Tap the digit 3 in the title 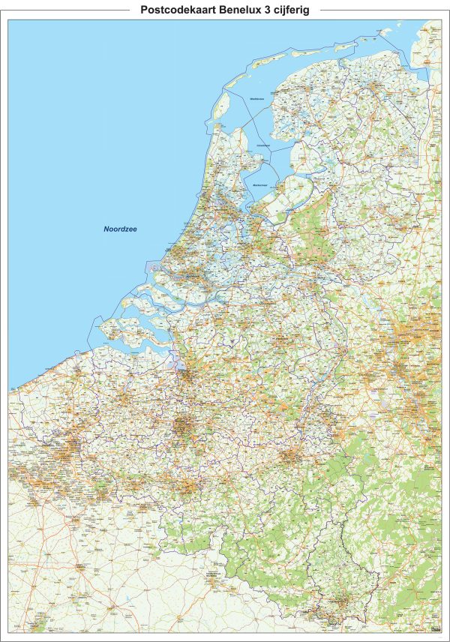pos(270,10)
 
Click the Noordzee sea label pos(124,229)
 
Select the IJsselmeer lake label pos(262,145)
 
